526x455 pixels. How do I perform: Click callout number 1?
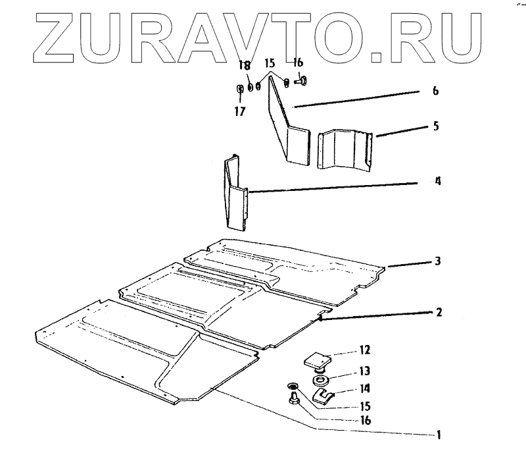click(437, 435)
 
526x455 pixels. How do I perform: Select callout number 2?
click(437, 313)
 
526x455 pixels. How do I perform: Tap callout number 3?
click(437, 261)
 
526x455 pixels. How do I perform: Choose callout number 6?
click(436, 91)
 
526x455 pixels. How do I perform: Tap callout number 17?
click(239, 112)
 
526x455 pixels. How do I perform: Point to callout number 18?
click(245, 66)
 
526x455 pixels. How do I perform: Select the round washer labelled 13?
click(321, 380)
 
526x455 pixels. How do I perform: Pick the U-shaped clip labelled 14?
click(323, 396)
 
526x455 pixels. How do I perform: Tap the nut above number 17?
click(240, 90)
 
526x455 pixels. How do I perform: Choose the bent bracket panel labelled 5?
click(345, 150)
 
